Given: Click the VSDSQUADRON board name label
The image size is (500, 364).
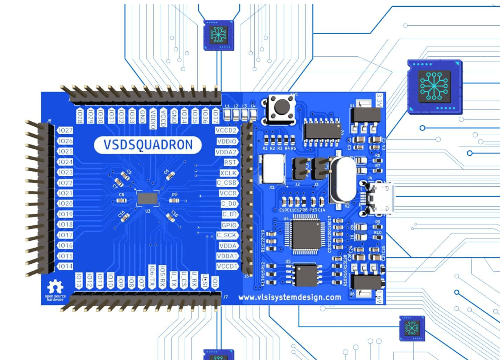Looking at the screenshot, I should [148, 145].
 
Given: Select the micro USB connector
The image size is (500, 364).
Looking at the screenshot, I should [380, 199].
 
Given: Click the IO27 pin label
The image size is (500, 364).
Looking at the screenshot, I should [65, 131].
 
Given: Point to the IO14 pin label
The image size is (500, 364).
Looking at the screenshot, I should [65, 266].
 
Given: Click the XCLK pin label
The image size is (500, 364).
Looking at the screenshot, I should [229, 173].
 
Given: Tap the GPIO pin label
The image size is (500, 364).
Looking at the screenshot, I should [229, 225].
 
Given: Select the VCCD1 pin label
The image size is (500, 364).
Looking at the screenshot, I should [227, 266].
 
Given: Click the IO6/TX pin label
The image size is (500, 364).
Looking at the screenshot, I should [152, 276].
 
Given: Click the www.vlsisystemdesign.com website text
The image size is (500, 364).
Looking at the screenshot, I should [290, 297].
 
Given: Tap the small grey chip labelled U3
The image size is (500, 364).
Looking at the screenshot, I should [147, 199].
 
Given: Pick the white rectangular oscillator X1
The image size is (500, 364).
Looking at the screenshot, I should [273, 169].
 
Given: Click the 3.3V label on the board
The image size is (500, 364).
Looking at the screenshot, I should [379, 100].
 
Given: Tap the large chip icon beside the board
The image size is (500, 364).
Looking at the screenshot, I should [434, 86].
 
